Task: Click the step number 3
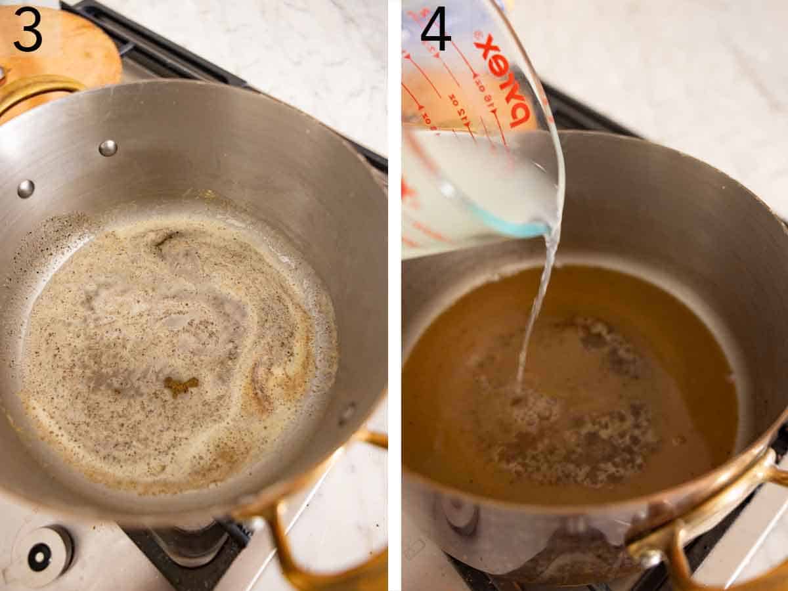pos(28,30)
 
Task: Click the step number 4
pos(435,30)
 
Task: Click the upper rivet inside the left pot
pos(108,148)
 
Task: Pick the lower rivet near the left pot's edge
pos(26,189)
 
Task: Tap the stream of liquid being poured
pos(535,309)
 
